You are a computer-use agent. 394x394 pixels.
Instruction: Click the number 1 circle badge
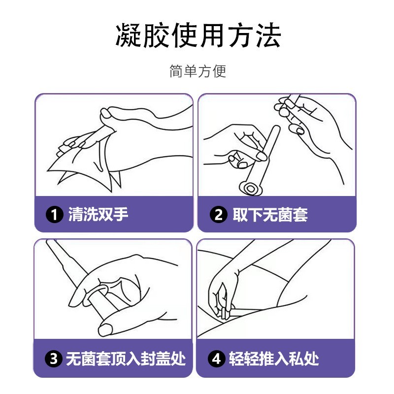(x=54, y=215)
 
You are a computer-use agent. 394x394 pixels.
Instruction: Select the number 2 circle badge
(x=218, y=215)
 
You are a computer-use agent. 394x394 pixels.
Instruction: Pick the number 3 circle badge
(x=54, y=359)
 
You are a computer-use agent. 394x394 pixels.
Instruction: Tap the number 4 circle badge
(x=218, y=359)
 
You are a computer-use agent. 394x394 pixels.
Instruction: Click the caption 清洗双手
(x=98, y=215)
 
